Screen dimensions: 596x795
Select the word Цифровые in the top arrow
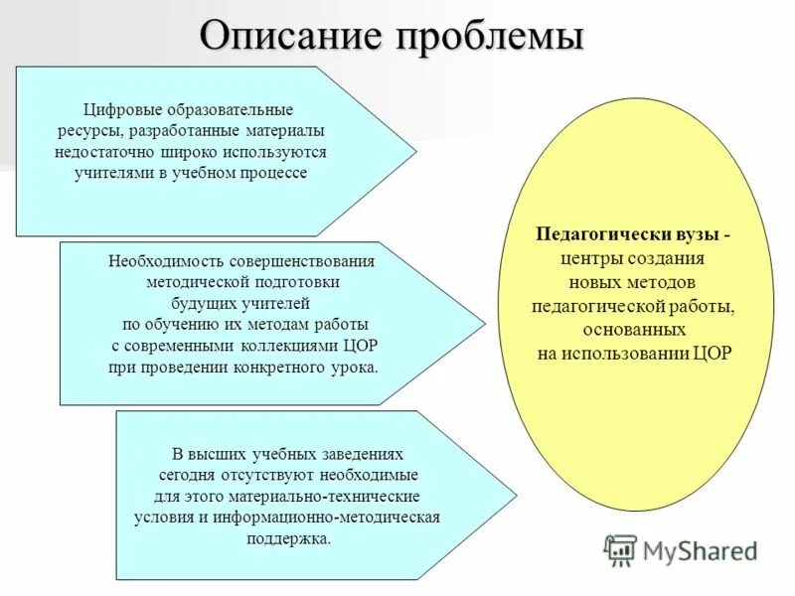coord(126,109)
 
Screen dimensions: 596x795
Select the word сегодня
coord(187,474)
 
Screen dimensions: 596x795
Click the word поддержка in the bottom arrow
coord(287,538)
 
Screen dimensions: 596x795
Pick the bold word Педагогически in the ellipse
coord(596,235)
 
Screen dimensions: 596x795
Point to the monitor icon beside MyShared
coord(620,548)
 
